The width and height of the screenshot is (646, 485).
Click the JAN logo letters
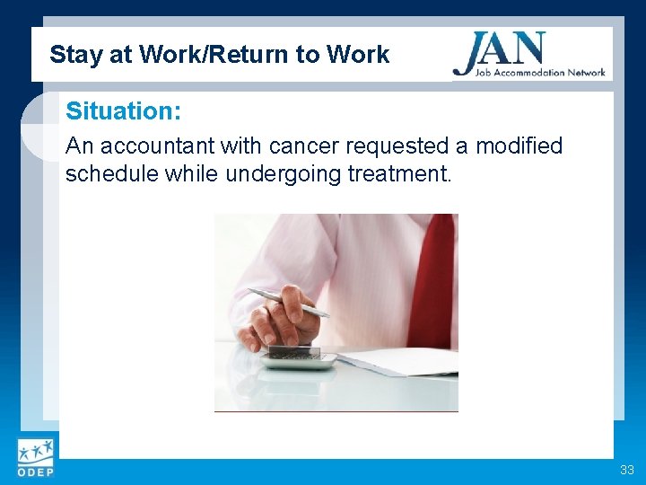(x=499, y=48)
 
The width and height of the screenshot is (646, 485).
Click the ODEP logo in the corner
(x=35, y=458)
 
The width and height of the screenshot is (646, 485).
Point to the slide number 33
(x=625, y=470)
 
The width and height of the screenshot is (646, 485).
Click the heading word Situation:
(x=123, y=112)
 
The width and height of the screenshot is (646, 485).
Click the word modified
(x=519, y=145)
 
